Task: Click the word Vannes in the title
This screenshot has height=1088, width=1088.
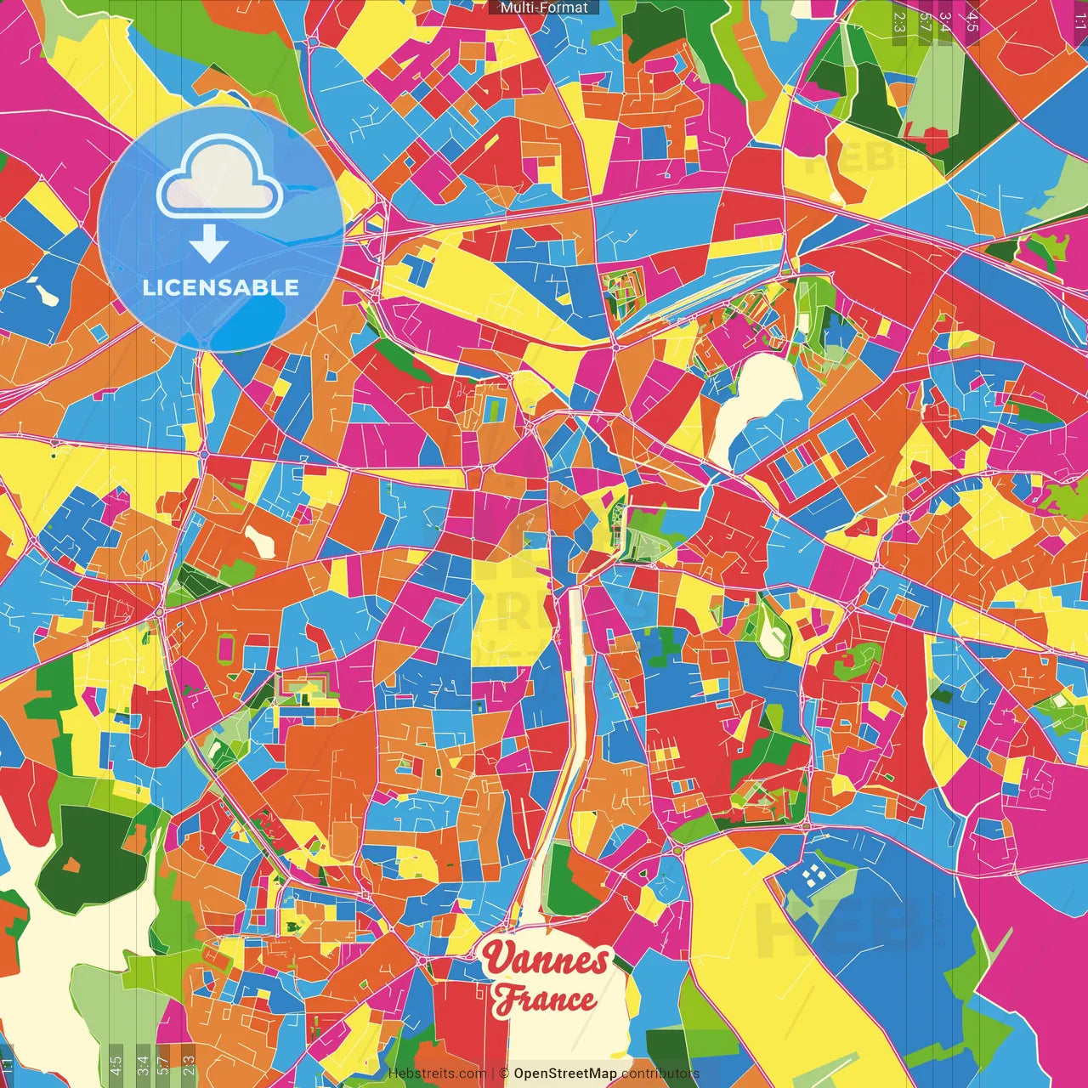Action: tap(546, 959)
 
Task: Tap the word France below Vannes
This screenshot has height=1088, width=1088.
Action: tap(544, 1000)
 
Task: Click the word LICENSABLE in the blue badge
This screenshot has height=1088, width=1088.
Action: tap(221, 287)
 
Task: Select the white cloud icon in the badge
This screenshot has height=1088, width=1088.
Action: tap(219, 180)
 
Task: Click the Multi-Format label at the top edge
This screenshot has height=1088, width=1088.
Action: tap(544, 8)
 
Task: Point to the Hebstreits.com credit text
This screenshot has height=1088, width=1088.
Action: tap(437, 1074)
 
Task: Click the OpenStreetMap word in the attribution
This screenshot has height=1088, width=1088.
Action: tap(565, 1074)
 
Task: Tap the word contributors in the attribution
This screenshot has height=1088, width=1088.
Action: tap(660, 1074)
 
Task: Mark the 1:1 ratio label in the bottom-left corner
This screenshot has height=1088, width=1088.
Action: tap(8, 1065)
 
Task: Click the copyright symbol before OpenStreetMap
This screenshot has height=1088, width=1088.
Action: tap(504, 1074)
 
